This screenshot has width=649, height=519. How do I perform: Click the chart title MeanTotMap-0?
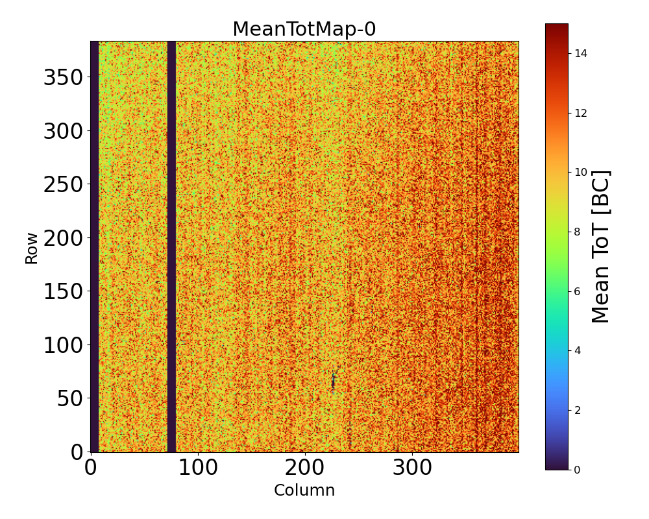point(304,30)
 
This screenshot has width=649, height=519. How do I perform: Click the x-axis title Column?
point(304,490)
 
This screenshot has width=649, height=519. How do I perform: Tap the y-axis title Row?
point(32,247)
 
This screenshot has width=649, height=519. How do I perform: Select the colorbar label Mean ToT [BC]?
point(601,247)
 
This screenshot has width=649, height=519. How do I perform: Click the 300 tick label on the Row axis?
point(64,132)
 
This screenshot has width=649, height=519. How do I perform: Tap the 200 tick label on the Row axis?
point(64,239)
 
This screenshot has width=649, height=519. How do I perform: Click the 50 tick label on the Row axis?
point(71,399)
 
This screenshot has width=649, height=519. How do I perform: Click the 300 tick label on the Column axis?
point(411,467)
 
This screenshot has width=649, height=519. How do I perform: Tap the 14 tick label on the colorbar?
point(581,54)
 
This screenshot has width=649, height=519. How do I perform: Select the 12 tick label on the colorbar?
point(581,113)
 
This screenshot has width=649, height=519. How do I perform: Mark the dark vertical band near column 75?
point(171,247)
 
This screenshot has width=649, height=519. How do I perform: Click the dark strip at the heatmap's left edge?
point(94,247)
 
